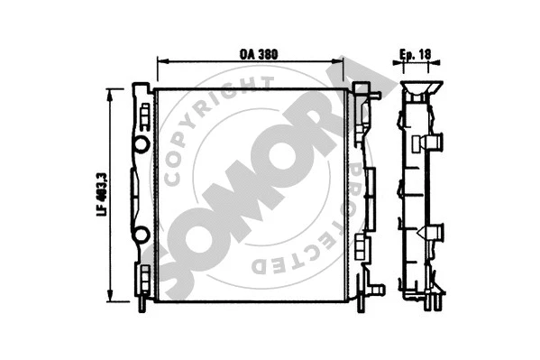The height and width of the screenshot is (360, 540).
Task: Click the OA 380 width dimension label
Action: pyautogui.click(x=258, y=53)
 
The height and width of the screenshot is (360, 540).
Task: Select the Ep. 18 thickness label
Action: pyautogui.click(x=416, y=53)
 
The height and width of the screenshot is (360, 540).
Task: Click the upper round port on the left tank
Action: pyautogui.click(x=141, y=144)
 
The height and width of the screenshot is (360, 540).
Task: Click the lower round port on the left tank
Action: pyautogui.click(x=141, y=235)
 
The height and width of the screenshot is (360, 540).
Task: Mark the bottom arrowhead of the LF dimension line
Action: pyautogui.click(x=110, y=299)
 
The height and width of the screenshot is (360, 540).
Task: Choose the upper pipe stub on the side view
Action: pyautogui.click(x=434, y=142)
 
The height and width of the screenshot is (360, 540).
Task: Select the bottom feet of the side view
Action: pyautogui.click(x=425, y=301)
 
